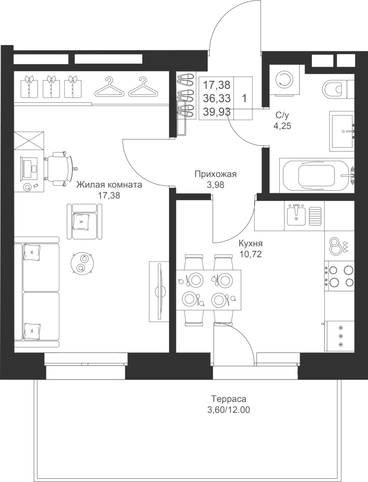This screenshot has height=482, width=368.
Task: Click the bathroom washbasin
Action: click(342, 131)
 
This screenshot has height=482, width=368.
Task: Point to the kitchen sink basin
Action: click(296, 215)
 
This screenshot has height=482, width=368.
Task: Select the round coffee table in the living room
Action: click(81, 263)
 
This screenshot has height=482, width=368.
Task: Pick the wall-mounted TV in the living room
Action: click(159, 291)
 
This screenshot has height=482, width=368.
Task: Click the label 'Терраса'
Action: click(228, 399)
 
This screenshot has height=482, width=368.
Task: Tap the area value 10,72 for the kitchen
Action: click(251, 254)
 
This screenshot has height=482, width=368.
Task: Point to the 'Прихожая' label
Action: click(216, 175)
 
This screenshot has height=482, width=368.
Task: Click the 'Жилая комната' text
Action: click(109, 185)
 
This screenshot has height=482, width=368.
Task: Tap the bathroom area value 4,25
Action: click(282, 125)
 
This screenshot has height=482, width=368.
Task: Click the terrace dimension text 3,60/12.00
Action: click(228, 410)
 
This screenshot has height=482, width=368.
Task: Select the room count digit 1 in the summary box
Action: click(244, 99)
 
